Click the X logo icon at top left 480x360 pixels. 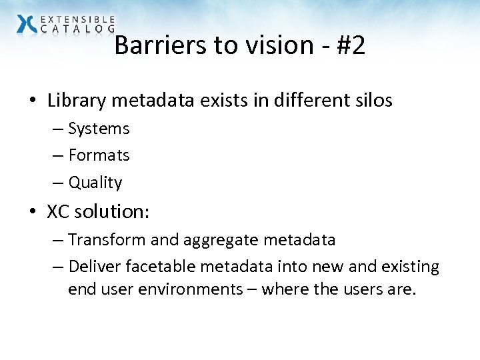tap(27, 23)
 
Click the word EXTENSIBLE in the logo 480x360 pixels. tap(77, 19)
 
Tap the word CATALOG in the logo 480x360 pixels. tap(77, 29)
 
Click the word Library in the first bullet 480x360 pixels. tap(75, 101)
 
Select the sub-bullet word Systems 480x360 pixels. tap(99, 128)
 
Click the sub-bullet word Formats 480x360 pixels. tap(99, 155)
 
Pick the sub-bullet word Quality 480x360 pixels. tap(95, 183)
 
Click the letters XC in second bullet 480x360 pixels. tap(59, 211)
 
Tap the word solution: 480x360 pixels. tap(112, 211)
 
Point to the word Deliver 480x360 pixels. tap(93, 267)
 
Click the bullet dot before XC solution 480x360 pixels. tap(33, 212)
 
